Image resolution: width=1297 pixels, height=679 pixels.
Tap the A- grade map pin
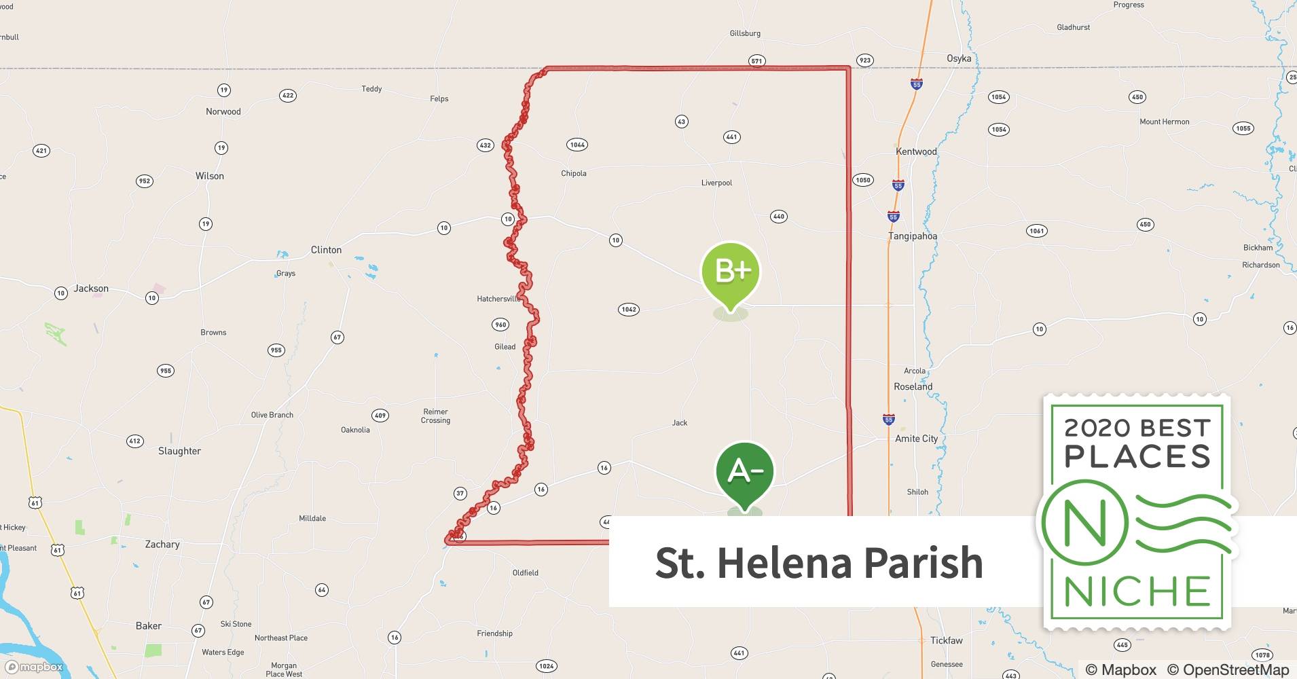click(x=745, y=471)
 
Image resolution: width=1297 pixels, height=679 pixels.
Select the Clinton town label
click(x=326, y=250)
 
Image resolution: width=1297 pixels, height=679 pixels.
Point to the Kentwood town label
click(x=916, y=151)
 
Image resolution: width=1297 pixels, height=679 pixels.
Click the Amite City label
click(x=916, y=439)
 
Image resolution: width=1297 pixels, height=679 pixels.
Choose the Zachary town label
click(x=162, y=544)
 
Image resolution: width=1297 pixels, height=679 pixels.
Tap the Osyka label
click(x=959, y=58)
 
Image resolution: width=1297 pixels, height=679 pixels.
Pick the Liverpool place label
click(x=716, y=183)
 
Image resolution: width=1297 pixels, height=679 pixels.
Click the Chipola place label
click(x=573, y=173)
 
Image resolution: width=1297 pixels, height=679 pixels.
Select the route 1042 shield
click(x=629, y=310)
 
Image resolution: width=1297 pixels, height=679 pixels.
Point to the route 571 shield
click(x=756, y=60)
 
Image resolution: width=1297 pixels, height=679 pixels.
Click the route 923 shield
click(x=864, y=60)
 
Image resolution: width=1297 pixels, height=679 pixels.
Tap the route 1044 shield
click(x=577, y=145)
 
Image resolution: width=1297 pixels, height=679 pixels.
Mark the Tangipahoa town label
click(x=913, y=236)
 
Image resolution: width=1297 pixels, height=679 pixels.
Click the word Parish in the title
click(x=923, y=563)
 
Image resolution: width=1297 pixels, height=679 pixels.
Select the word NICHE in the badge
click(x=1137, y=592)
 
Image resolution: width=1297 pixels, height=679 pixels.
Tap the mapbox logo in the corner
click(x=34, y=667)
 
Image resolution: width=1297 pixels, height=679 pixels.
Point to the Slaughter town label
click(x=179, y=451)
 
